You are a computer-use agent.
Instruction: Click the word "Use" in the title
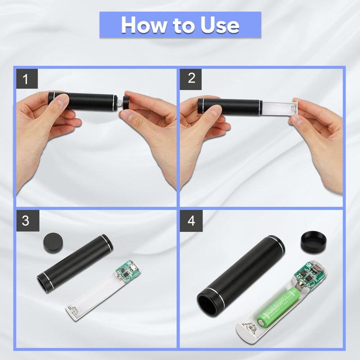(220, 25)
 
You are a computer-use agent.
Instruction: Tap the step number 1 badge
(27, 78)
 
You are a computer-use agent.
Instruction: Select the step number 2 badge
(190, 78)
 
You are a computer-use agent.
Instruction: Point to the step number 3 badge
(27, 220)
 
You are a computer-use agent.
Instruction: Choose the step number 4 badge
(191, 220)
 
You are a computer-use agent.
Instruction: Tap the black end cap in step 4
(314, 242)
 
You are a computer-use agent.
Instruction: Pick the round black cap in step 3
(53, 243)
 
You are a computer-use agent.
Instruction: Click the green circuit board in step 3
(128, 272)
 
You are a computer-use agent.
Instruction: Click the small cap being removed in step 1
(126, 103)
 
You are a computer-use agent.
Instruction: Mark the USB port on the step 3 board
(134, 267)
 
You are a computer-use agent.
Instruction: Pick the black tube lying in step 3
(75, 264)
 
